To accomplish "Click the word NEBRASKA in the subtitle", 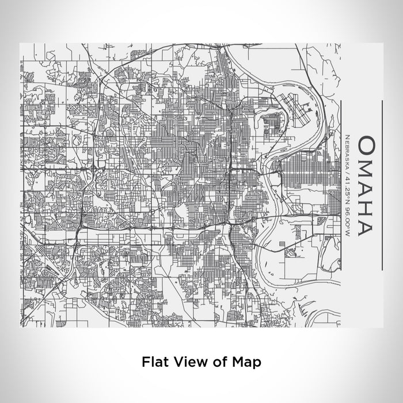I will [x=349, y=150].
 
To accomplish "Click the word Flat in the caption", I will [x=153, y=362].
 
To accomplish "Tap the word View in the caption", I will [x=185, y=362].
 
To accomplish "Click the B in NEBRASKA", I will [x=349, y=144].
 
